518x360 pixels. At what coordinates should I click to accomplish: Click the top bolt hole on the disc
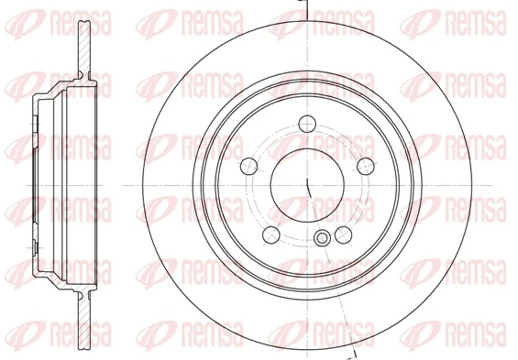(309, 123)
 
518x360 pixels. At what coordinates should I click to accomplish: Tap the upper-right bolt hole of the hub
(366, 165)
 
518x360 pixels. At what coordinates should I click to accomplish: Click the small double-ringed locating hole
(322, 239)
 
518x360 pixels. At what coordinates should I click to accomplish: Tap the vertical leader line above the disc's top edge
(309, 8)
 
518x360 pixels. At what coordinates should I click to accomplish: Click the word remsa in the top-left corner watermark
(73, 19)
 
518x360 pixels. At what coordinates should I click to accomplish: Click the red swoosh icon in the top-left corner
(22, 19)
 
